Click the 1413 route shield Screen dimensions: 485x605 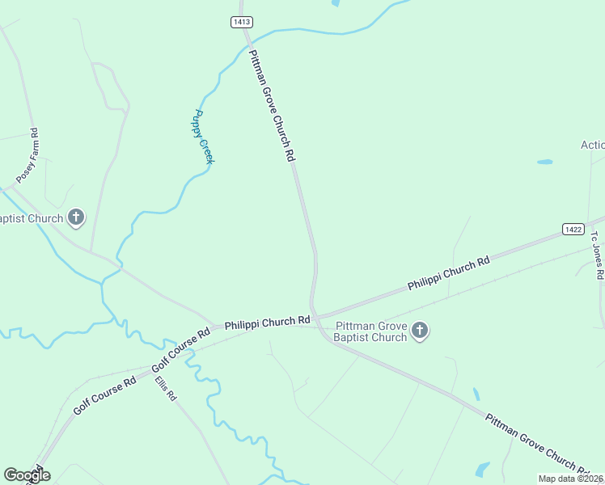coord(240,23)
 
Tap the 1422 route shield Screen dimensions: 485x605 coord(573,230)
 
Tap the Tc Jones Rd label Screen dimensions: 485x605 coord(596,255)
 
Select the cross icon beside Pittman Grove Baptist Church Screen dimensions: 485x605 coord(419,331)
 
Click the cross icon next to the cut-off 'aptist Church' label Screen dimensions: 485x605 coord(76,217)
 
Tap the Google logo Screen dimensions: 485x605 coord(27,474)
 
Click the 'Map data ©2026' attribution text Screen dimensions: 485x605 coord(570,479)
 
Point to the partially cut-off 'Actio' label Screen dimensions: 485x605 coord(592,145)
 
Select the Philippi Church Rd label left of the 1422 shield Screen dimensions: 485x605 coord(449,273)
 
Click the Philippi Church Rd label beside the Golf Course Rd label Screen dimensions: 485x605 coord(267,322)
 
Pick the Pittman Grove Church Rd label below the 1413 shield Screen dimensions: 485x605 coord(271,105)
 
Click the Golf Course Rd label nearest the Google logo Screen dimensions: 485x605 coord(105,395)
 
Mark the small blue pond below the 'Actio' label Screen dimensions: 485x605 coord(545,162)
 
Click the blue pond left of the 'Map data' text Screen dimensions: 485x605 coord(482,469)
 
